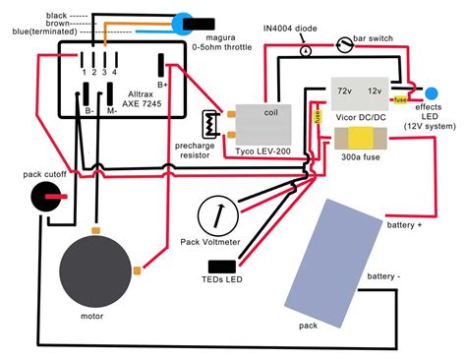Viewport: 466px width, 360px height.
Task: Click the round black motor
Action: pos(94,272)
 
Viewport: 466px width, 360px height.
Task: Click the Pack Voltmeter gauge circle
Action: pos(217,213)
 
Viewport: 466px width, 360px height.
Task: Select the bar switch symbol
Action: pos(343,44)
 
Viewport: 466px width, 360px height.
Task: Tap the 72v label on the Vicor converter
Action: pos(345,90)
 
